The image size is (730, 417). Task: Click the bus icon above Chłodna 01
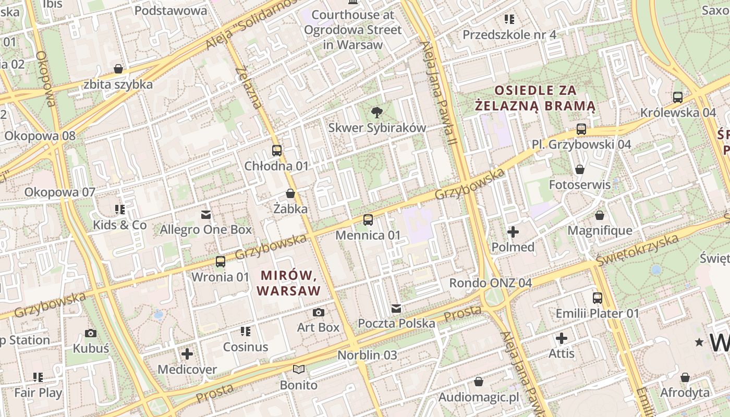[277, 151]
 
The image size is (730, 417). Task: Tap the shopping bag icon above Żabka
[290, 193]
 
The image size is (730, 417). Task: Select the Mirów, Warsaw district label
[289, 283]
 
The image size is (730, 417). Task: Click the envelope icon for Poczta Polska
[396, 308]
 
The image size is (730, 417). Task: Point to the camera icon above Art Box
[318, 312]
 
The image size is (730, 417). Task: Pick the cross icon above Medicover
[187, 354]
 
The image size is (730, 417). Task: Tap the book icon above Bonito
[298, 370]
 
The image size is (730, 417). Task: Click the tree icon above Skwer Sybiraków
[376, 112]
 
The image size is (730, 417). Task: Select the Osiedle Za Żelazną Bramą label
[536, 98]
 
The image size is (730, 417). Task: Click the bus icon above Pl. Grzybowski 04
[581, 129]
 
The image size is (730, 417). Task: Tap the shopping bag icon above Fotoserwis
[579, 169]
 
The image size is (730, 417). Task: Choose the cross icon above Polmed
[513, 232]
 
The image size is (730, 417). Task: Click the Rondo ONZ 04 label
[490, 283]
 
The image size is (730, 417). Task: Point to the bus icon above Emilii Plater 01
[597, 298]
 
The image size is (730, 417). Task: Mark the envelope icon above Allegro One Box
[205, 214]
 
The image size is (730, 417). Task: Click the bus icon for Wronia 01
[221, 262]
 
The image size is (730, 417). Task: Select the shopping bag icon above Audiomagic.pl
[478, 382]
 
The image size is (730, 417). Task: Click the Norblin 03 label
[367, 355]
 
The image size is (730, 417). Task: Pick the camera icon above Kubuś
[91, 333]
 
